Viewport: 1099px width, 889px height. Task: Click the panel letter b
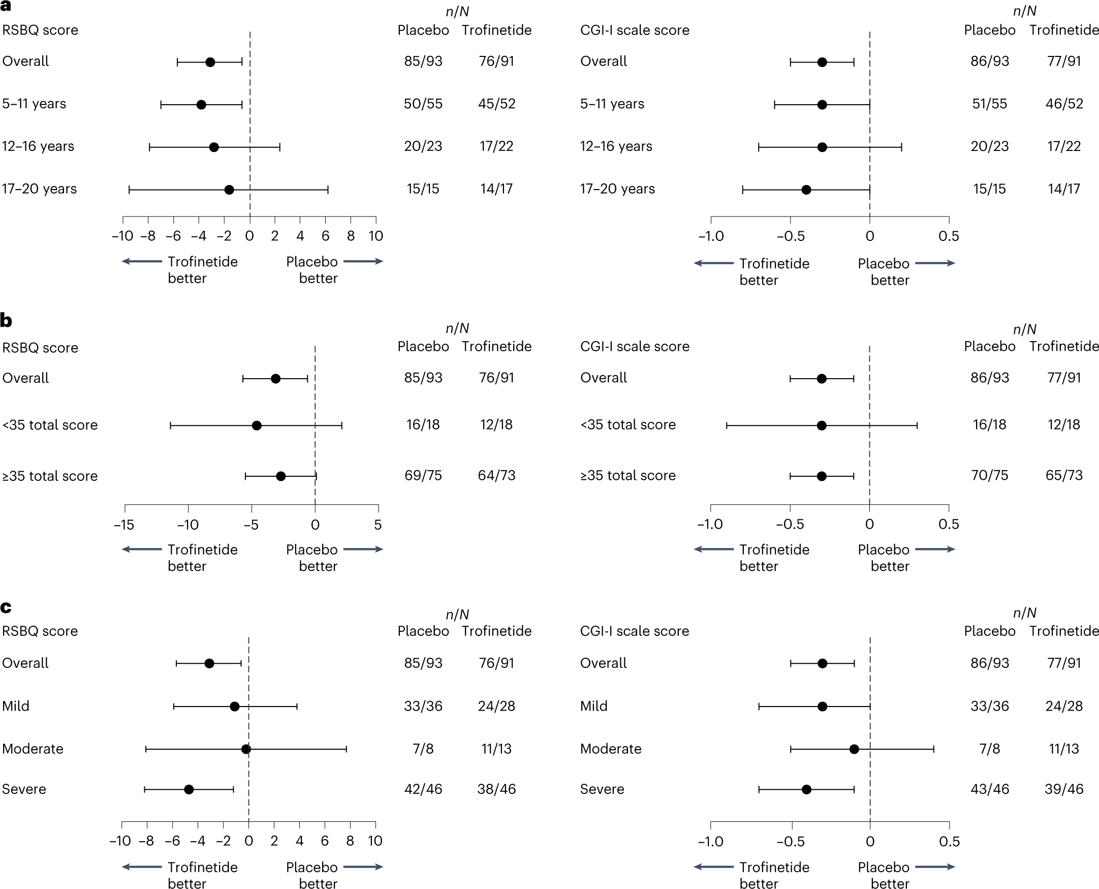(x=6, y=321)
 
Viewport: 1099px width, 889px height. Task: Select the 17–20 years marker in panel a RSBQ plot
(x=229, y=190)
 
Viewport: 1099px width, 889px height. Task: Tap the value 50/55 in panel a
(x=423, y=104)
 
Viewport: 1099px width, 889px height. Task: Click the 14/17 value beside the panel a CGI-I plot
(x=1063, y=189)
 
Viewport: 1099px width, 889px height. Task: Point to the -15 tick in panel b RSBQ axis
(x=124, y=525)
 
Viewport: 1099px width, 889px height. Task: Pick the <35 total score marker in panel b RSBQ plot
(x=257, y=425)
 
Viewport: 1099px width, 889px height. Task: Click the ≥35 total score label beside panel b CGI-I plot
(x=627, y=476)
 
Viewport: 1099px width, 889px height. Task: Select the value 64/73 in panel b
(x=496, y=476)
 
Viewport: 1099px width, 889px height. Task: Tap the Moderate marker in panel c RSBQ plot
(x=246, y=749)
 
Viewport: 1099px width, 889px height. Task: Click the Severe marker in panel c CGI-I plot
(x=806, y=790)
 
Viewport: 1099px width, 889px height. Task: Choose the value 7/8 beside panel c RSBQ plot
(x=423, y=749)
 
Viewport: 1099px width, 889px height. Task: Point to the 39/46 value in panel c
(x=1063, y=789)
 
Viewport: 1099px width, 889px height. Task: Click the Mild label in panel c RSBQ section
(x=15, y=706)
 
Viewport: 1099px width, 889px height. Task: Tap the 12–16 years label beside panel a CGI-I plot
(x=616, y=146)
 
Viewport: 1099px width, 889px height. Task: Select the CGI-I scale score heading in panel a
(x=634, y=30)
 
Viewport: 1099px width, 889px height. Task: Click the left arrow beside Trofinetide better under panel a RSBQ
(x=142, y=262)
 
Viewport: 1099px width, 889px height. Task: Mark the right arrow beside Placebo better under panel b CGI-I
(x=935, y=549)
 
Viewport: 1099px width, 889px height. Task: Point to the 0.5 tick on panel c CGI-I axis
(x=949, y=841)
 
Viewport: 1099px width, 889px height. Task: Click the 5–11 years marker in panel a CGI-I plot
(x=822, y=105)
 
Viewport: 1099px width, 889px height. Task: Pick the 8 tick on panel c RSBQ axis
(x=350, y=841)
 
